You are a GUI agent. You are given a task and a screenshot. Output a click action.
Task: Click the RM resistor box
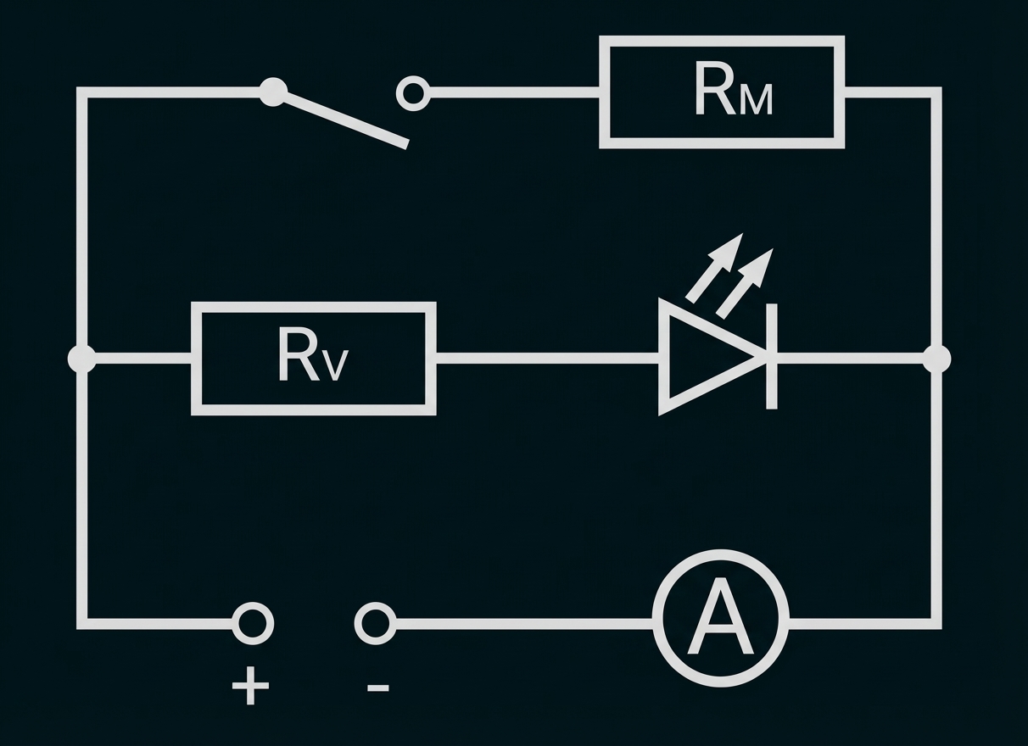point(722,92)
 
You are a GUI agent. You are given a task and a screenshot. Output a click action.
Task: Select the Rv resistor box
point(313,359)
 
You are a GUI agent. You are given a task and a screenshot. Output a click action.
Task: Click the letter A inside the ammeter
point(720,619)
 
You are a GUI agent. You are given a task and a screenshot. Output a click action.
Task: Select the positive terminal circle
point(252,624)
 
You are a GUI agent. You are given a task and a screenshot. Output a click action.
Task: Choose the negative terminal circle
point(374,624)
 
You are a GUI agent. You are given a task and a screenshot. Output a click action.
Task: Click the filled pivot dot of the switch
point(272,92)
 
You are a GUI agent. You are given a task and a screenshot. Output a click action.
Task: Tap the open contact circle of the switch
point(413,92)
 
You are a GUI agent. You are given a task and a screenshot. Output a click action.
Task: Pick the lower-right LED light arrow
point(746,281)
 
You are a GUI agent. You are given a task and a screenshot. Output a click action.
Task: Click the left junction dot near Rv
point(82,359)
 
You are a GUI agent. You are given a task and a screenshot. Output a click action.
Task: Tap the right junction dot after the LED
point(936,359)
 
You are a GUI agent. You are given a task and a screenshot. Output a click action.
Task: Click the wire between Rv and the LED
point(547,359)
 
